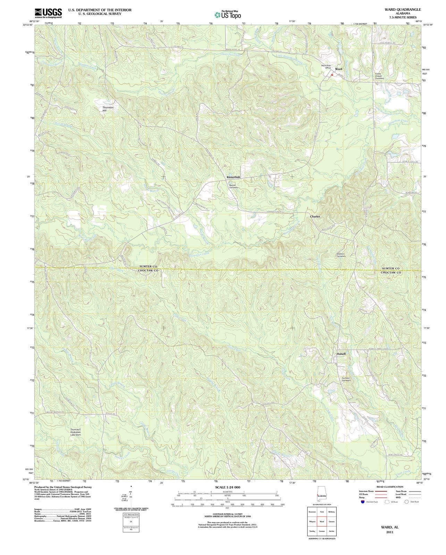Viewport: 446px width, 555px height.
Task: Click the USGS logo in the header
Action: coord(48,13)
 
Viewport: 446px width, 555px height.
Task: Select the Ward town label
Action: coord(338,69)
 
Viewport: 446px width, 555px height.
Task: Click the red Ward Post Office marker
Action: coord(332,75)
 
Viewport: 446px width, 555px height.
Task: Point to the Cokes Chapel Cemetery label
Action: coord(379,76)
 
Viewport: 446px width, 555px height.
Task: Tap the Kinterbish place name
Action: coord(233,177)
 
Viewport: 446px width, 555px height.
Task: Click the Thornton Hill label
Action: coord(108,109)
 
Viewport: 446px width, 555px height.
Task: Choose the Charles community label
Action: coord(315,216)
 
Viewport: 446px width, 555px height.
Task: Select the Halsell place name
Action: coord(341,354)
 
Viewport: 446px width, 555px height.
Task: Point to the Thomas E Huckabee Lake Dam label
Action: coord(76,432)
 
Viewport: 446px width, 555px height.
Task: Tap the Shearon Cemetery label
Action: coord(341,255)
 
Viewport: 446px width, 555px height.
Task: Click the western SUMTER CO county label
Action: coord(148,266)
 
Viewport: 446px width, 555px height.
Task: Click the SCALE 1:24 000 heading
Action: coord(227,487)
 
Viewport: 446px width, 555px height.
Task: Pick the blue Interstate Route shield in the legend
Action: coord(363,502)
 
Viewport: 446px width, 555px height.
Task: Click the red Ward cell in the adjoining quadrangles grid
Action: coord(322,522)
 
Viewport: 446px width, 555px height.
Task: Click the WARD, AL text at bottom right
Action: coord(390,527)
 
